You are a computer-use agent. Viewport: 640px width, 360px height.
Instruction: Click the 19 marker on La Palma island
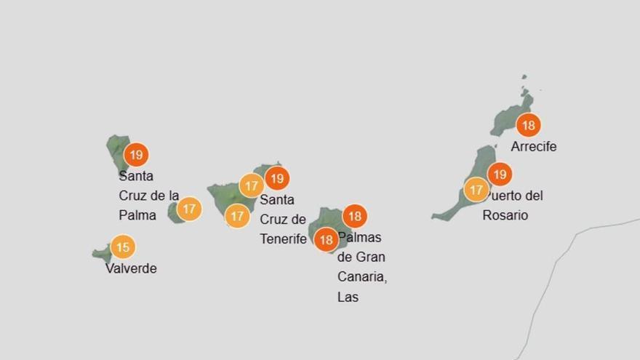coord(136,154)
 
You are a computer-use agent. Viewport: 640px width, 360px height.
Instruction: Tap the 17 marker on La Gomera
coord(189,209)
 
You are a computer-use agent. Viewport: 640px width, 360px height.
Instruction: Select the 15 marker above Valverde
coord(123,247)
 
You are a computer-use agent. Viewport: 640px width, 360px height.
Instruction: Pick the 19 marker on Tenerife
coord(276,178)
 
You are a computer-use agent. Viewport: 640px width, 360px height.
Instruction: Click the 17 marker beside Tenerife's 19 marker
coord(251,186)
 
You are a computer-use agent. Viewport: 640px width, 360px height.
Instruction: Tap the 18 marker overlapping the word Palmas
coord(326,239)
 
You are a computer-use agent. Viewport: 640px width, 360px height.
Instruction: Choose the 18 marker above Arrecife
coord(528,125)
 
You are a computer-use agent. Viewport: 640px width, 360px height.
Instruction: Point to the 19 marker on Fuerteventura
coord(499,175)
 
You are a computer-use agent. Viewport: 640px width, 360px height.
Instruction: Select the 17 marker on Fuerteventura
coord(476,190)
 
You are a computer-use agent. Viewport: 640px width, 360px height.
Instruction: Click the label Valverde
coord(131,268)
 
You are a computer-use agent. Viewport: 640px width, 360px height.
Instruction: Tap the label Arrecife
coord(534,146)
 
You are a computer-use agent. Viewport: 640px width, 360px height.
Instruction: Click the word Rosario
coord(505,215)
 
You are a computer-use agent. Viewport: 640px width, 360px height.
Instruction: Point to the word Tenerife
coord(283,239)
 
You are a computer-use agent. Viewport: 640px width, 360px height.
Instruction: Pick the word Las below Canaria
coord(348,297)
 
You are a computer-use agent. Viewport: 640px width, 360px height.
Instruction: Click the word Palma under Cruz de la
coord(137,215)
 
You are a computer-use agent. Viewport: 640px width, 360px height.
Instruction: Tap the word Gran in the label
coord(371,257)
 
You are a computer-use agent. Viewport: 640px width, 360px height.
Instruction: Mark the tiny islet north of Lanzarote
coord(524,76)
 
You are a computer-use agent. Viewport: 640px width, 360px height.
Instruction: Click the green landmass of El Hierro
coord(100,253)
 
